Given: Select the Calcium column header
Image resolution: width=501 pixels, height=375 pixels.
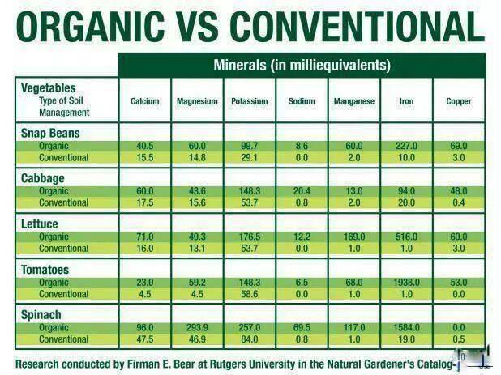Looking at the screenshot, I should click(x=144, y=101).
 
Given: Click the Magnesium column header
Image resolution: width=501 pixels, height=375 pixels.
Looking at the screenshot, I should click(x=197, y=101).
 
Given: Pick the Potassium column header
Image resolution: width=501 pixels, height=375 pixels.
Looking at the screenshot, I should click(x=249, y=101).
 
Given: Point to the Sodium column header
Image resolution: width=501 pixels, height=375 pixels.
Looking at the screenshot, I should click(x=302, y=101).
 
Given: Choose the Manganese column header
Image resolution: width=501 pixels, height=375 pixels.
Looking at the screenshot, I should click(x=353, y=101).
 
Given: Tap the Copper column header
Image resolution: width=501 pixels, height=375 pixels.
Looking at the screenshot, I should click(x=458, y=101).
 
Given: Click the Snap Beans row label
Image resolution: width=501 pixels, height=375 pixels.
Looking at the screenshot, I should click(x=49, y=133).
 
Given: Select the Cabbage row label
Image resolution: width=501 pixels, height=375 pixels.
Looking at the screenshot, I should click(x=42, y=178).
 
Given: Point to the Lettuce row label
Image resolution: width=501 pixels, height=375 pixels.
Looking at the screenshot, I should click(x=40, y=224).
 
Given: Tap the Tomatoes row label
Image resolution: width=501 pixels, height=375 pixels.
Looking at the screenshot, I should click(x=45, y=269).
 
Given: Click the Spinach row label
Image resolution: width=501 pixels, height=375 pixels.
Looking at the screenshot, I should click(x=41, y=314).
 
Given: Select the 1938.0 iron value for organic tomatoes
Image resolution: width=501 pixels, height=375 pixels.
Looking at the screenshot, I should click(x=406, y=283).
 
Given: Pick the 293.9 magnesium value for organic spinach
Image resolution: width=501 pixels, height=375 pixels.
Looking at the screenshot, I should click(x=197, y=328).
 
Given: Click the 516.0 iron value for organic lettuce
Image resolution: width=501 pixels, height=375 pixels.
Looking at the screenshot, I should click(x=406, y=237).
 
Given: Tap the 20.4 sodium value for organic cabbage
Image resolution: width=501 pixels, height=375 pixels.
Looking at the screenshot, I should click(x=302, y=191).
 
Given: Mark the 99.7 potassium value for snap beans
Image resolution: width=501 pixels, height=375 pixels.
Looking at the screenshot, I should click(x=249, y=146).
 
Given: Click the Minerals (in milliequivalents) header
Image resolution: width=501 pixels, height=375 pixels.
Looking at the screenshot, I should click(x=302, y=65).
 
